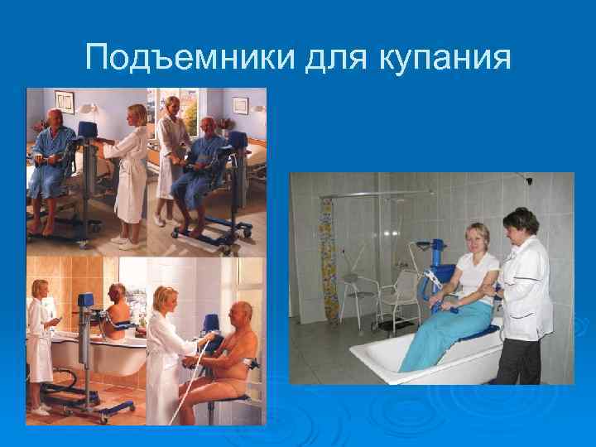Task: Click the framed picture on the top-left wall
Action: click(65, 103)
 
